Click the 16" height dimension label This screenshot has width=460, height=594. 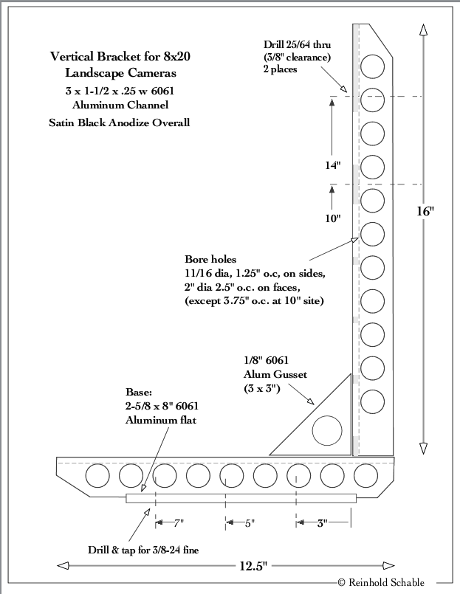[425, 211]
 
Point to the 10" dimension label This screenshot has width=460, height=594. [333, 218]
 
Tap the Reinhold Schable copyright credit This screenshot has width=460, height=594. [381, 582]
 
